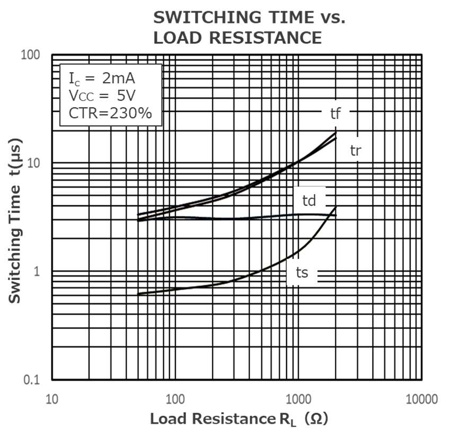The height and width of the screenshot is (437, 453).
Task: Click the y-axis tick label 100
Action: [x=31, y=55]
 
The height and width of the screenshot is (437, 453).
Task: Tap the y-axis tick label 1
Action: [x=38, y=272]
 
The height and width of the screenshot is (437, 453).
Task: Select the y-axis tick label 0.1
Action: [x=32, y=380]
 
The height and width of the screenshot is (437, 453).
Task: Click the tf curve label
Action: [x=335, y=113]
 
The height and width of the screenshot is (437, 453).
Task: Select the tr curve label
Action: [x=356, y=150]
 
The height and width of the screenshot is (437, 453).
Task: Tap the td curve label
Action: [x=309, y=200]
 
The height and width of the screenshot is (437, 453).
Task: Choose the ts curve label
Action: [x=301, y=273]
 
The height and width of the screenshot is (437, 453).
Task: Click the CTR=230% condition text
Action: [x=110, y=113]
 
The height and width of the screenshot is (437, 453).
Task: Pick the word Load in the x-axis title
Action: [x=168, y=419]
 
